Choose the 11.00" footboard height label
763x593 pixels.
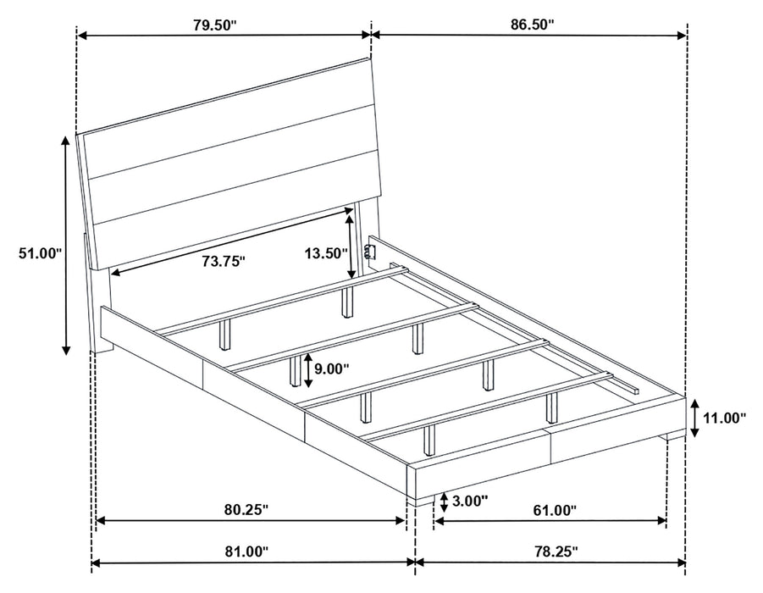pos(724,417)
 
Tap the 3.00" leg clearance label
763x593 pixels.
pos(470,501)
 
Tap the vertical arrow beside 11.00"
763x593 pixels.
pos(694,418)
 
